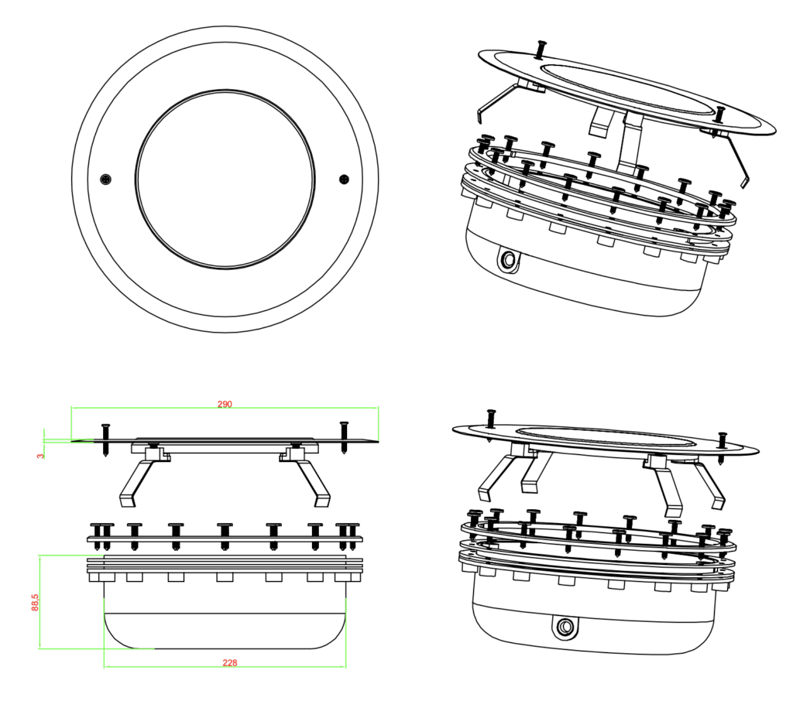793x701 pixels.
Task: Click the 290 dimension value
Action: (225, 404)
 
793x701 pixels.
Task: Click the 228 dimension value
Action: (229, 662)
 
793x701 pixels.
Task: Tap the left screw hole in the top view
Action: (106, 180)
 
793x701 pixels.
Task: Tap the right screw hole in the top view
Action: (345, 180)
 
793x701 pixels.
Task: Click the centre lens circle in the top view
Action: (225, 175)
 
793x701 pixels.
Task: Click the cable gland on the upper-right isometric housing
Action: (510, 260)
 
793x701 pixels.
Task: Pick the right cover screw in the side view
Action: (344, 435)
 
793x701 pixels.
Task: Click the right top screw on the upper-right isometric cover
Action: (719, 113)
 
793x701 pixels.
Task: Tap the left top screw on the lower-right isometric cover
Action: (491, 419)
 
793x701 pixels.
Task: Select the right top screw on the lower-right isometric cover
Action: (722, 443)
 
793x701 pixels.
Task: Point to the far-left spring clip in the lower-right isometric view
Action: (496, 474)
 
